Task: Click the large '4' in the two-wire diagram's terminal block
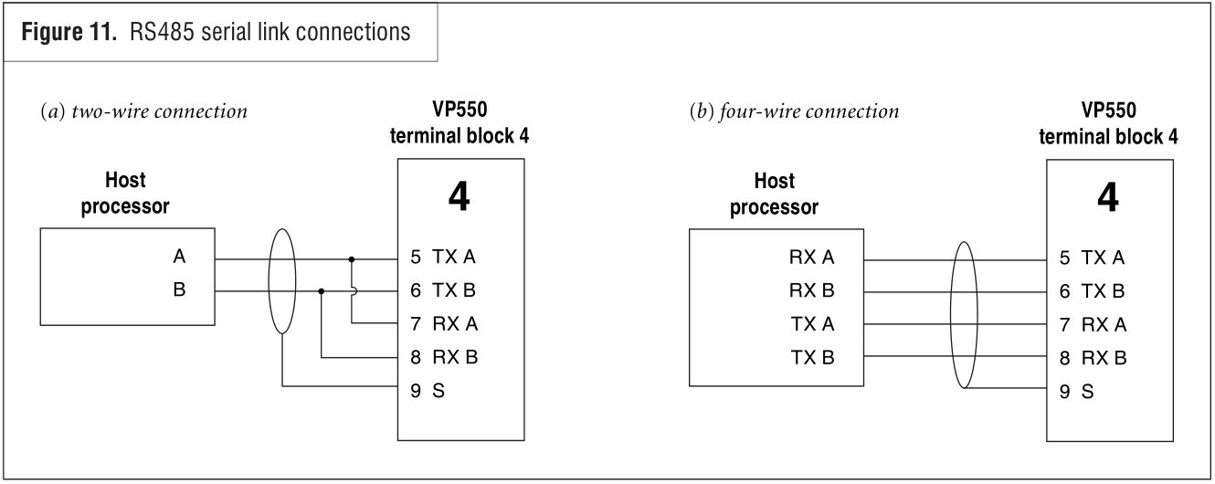point(460,197)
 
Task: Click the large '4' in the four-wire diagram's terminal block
point(1107,197)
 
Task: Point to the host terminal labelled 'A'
point(179,258)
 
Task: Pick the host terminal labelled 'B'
point(179,291)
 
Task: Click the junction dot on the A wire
point(352,258)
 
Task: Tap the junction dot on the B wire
point(322,292)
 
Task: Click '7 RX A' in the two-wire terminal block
point(444,324)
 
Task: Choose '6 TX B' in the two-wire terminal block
point(444,291)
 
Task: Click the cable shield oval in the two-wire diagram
point(282,275)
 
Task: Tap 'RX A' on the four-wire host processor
point(812,258)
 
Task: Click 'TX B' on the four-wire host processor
point(812,357)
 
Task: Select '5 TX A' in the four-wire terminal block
point(1093,258)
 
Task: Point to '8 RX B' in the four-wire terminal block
point(1093,357)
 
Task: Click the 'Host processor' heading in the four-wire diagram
point(774,194)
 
